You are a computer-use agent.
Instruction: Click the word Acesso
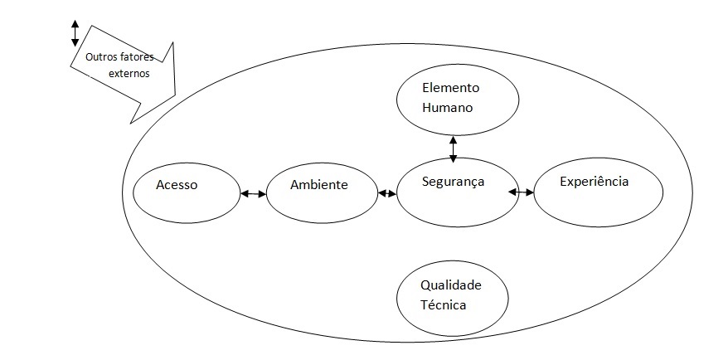(x=176, y=185)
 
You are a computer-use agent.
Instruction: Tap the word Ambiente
(x=318, y=185)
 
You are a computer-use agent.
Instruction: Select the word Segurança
(x=453, y=181)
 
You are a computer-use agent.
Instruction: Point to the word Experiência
(x=595, y=182)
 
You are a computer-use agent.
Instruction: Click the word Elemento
(x=450, y=87)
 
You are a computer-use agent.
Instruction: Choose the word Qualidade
(x=451, y=285)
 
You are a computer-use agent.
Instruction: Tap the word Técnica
(x=443, y=304)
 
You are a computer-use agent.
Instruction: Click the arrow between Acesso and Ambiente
(x=252, y=194)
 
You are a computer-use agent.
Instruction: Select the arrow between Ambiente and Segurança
(x=387, y=193)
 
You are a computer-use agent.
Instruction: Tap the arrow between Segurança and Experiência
(x=522, y=192)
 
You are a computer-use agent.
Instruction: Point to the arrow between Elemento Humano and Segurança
(x=453, y=148)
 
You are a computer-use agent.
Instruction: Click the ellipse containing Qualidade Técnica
(x=451, y=296)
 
